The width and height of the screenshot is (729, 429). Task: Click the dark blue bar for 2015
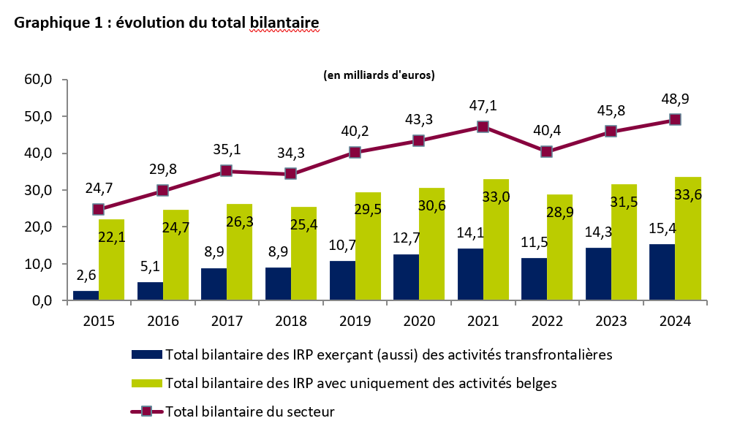(86, 295)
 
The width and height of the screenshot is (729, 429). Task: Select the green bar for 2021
(496, 239)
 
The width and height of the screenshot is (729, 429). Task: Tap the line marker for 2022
(546, 152)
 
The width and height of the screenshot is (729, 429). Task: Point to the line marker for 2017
(226, 171)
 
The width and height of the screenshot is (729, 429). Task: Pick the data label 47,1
(482, 106)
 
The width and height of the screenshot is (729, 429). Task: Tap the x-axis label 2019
(355, 320)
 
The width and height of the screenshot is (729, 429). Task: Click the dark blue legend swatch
(146, 354)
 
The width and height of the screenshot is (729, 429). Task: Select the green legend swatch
(146, 382)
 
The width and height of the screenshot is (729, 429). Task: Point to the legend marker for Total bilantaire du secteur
(146, 411)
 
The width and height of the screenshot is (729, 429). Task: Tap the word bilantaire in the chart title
(284, 23)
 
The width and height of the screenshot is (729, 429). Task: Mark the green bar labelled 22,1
(112, 259)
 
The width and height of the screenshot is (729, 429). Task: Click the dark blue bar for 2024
(661, 272)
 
